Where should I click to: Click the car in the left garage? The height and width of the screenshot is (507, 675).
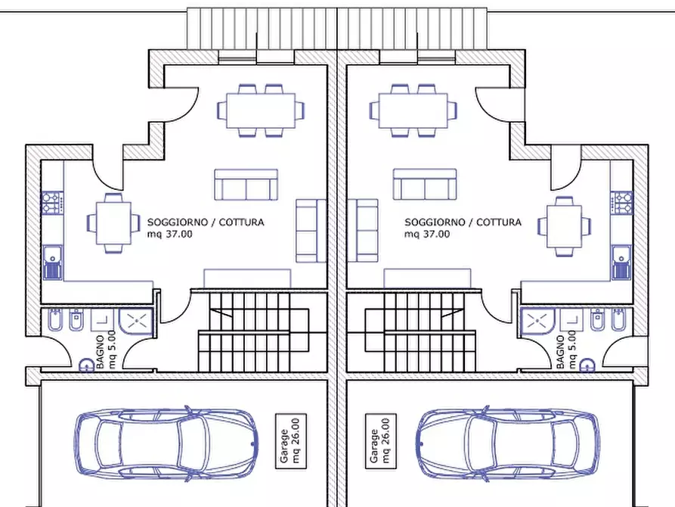click(x=166, y=443)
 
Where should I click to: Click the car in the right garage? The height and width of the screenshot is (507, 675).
click(x=508, y=443)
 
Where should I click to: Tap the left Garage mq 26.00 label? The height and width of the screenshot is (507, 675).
click(x=291, y=441)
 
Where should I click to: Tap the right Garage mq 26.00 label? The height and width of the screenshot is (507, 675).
click(x=380, y=441)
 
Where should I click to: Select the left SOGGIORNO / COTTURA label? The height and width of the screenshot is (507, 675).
click(x=206, y=222)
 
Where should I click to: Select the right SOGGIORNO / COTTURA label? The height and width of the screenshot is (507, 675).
click(x=463, y=222)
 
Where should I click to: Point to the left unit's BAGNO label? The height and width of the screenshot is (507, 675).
click(x=101, y=352)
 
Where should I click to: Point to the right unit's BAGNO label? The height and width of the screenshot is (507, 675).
click(x=561, y=352)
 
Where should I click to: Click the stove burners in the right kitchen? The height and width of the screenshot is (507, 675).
click(x=621, y=203)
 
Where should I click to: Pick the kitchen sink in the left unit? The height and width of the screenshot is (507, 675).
click(x=53, y=263)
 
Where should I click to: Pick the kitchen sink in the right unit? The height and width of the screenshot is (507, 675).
click(x=621, y=263)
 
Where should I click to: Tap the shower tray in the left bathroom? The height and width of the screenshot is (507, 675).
click(x=135, y=321)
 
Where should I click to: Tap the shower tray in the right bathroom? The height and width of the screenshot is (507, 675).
click(x=537, y=321)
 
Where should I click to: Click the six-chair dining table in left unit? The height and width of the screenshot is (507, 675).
click(x=261, y=110)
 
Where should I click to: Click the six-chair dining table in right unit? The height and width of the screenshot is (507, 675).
click(x=413, y=110)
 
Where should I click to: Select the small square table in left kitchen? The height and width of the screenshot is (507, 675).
click(x=113, y=223)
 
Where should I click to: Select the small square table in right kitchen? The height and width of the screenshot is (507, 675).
click(x=564, y=227)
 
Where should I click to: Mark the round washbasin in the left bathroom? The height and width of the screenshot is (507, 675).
click(x=87, y=365)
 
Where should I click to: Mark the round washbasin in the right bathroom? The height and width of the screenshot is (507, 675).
click(x=587, y=365)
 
